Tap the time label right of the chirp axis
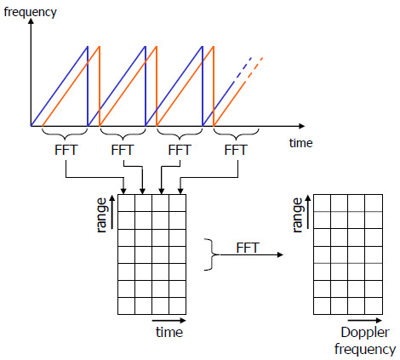301,143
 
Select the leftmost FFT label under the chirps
66,150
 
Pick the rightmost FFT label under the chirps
235,150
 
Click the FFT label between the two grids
248,248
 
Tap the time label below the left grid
169,332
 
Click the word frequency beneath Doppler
364,348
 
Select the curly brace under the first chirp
66,133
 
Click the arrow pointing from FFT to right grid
272,255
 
